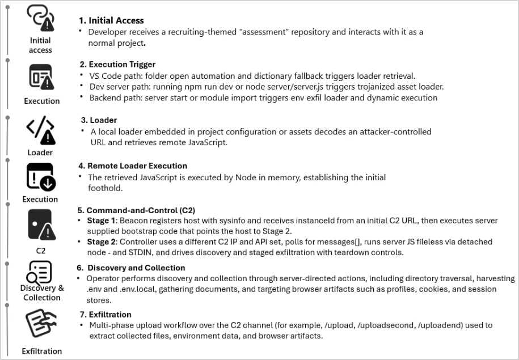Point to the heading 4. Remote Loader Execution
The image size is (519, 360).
point(137,166)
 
